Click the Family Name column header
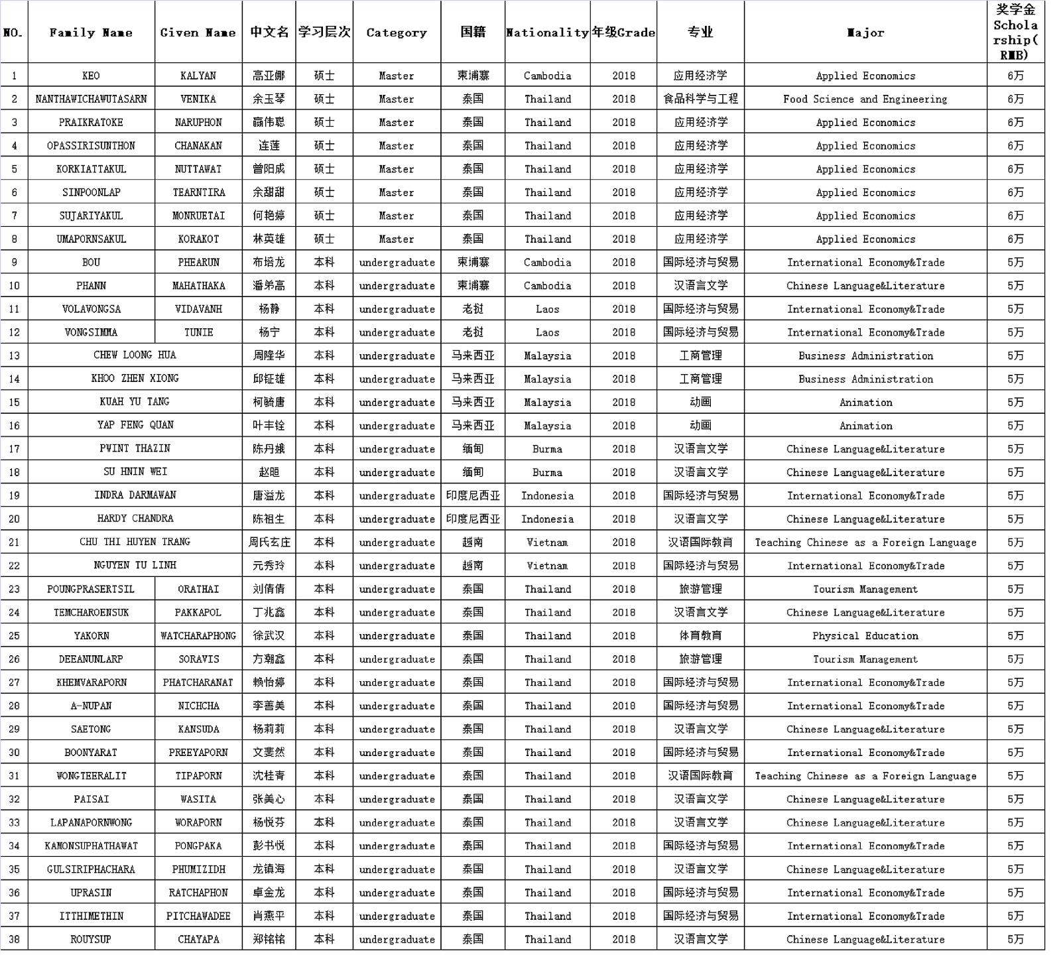click(x=91, y=32)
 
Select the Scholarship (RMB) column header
click(x=1015, y=32)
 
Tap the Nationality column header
click(x=547, y=32)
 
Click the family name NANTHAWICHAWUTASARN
click(x=91, y=99)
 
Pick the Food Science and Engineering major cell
click(x=865, y=99)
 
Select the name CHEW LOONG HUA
click(x=135, y=355)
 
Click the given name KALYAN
click(x=198, y=76)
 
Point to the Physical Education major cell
click(x=865, y=635)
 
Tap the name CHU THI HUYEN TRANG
click(x=135, y=542)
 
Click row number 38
click(x=14, y=939)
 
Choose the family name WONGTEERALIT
click(x=91, y=776)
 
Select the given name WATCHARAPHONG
click(x=198, y=635)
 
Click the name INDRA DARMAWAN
click(x=135, y=495)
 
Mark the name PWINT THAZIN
click(x=135, y=448)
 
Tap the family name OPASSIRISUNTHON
click(x=91, y=146)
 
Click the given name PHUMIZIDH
click(x=198, y=869)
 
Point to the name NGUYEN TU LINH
click(x=135, y=565)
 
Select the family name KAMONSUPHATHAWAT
click(x=91, y=846)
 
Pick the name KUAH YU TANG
click(x=135, y=402)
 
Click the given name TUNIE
click(x=198, y=332)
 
